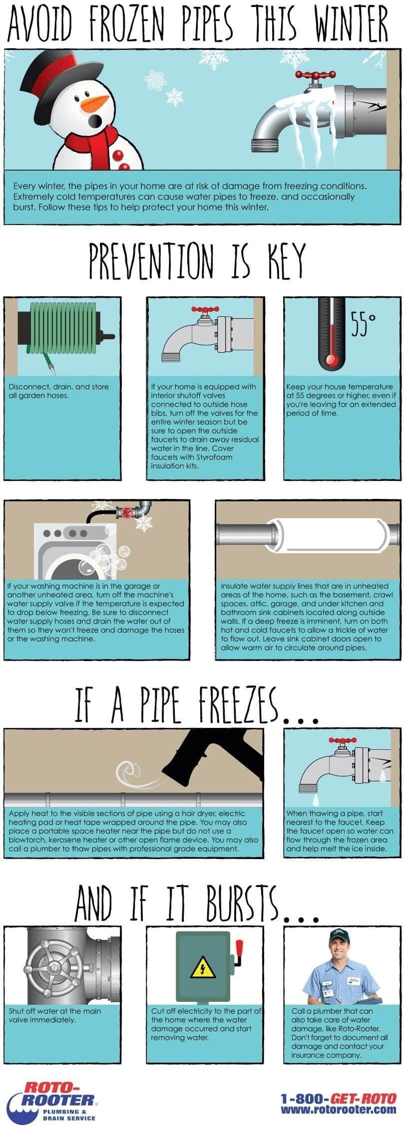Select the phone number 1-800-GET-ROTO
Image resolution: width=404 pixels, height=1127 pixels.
[x=338, y=1099]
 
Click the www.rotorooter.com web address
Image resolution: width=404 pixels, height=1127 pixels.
[x=338, y=1110]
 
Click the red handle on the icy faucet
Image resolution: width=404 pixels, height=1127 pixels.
[x=315, y=75]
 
